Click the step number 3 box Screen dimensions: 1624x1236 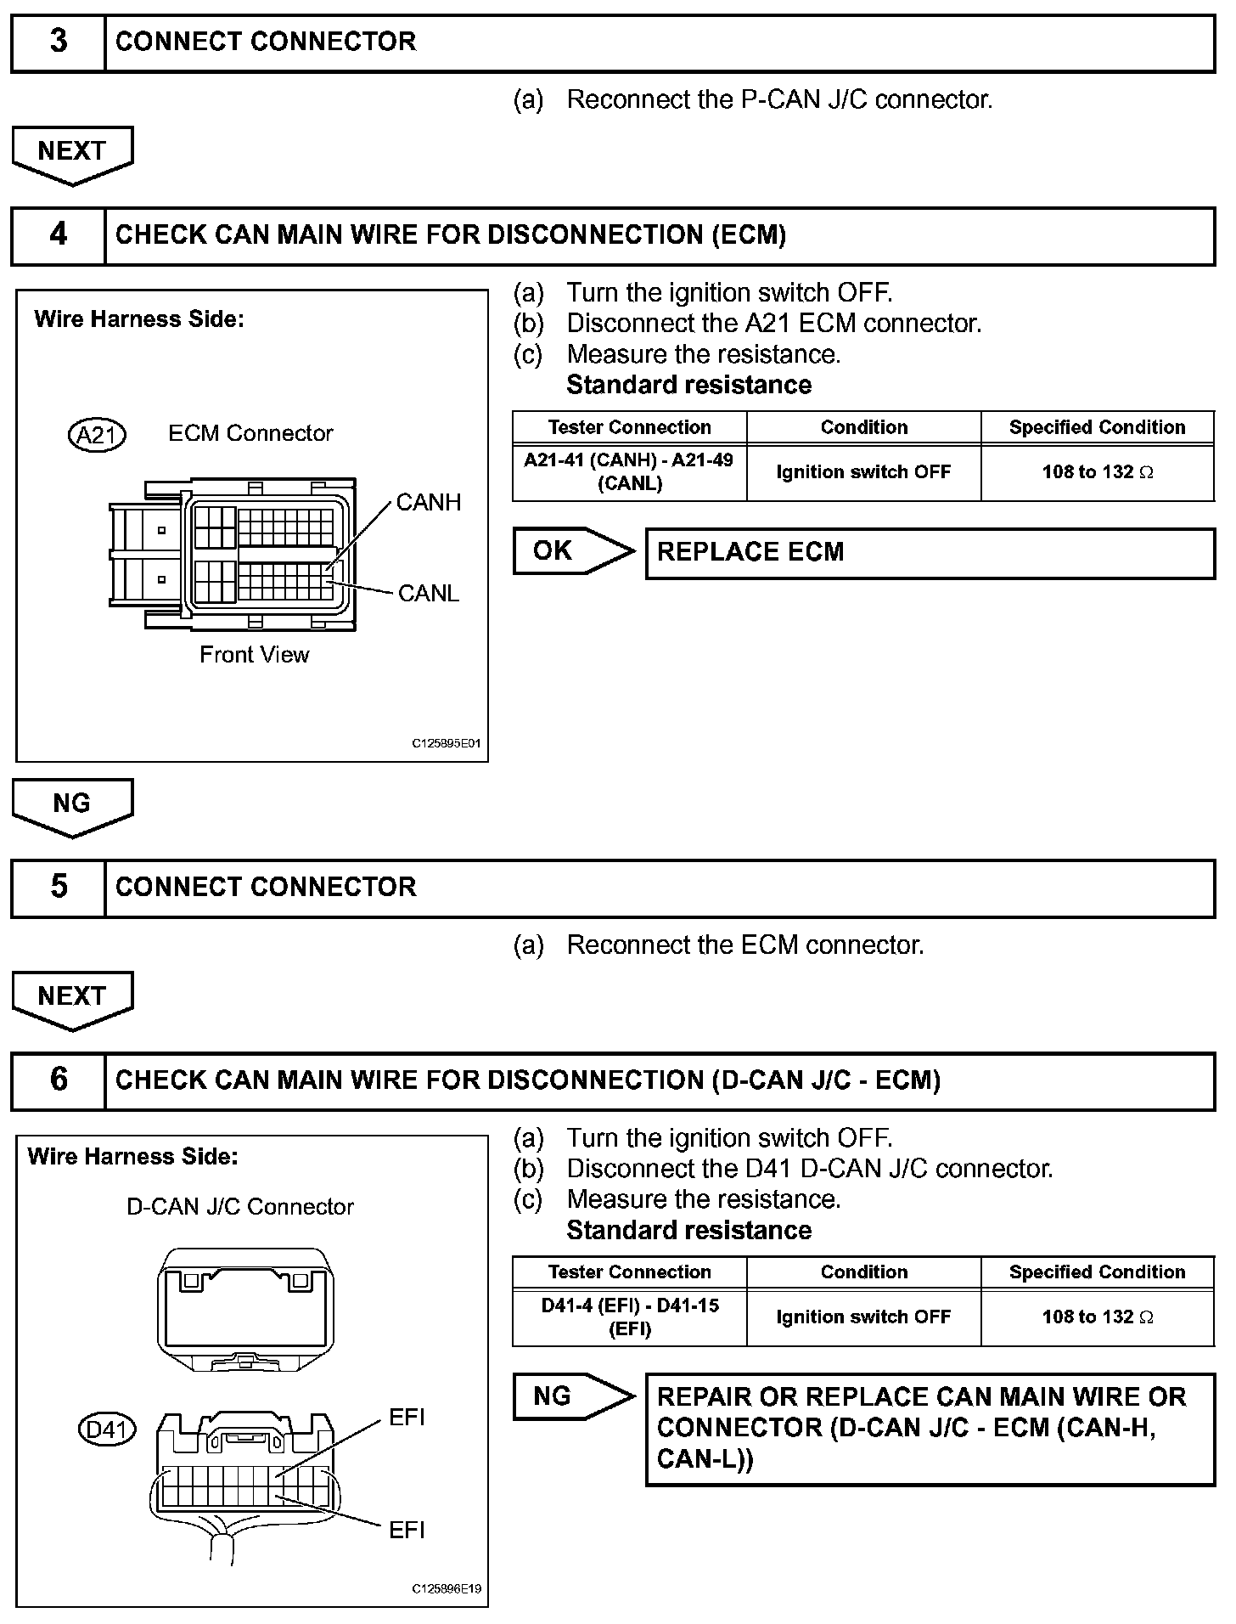(58, 42)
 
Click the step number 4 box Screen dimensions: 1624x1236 (58, 234)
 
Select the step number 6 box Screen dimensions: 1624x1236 (58, 1080)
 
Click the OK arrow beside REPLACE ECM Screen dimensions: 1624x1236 (572, 551)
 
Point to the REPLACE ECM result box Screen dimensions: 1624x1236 (930, 553)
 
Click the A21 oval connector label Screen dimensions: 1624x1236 (97, 435)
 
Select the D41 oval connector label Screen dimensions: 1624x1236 (107, 1430)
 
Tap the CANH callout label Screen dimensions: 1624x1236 (429, 503)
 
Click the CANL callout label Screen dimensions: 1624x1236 (429, 594)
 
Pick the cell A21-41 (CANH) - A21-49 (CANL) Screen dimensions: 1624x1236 (629, 472)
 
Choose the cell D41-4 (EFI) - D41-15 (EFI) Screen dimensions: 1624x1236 (629, 1317)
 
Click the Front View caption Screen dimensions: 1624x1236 (254, 655)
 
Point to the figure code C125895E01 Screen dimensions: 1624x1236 (447, 744)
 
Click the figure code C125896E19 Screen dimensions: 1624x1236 (447, 1589)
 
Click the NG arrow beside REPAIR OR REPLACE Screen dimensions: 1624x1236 (572, 1397)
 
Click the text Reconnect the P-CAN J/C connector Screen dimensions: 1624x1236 (779, 100)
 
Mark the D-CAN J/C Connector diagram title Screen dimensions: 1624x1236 (239, 1207)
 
